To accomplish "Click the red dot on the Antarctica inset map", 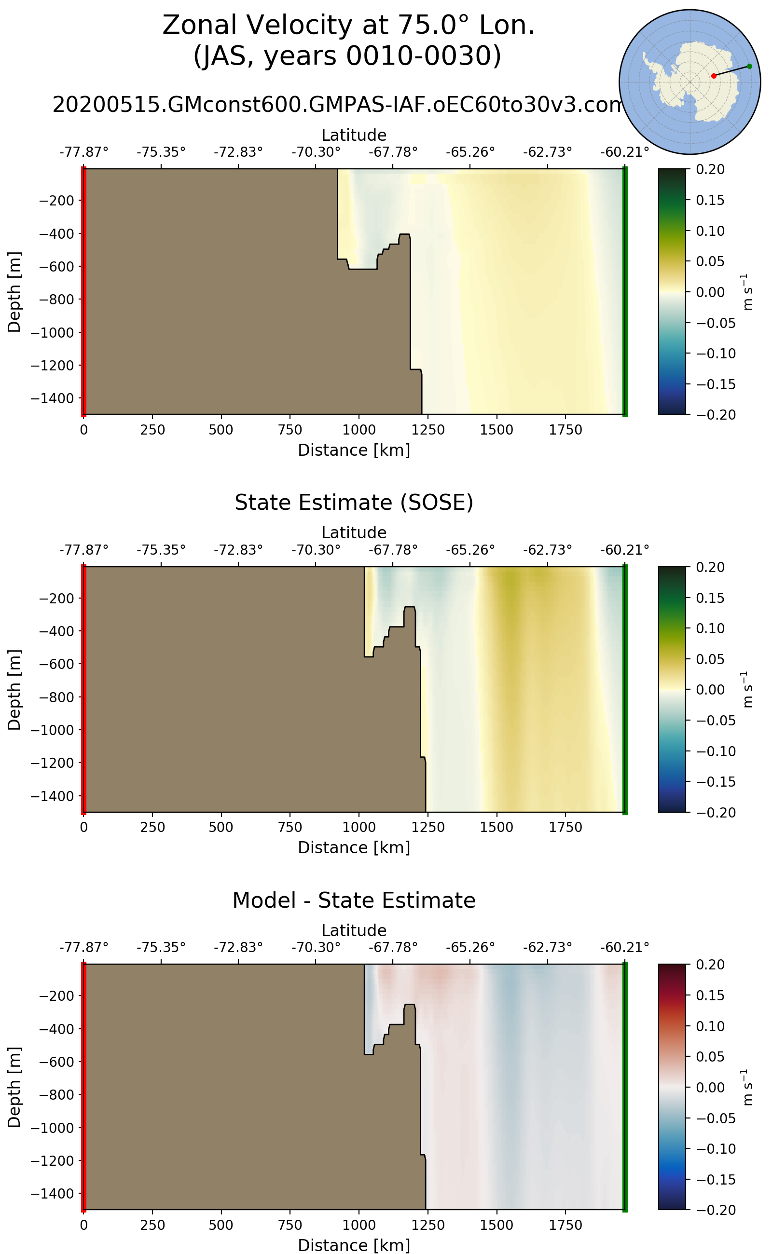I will (x=713, y=76).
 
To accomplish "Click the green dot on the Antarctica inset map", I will (x=749, y=67).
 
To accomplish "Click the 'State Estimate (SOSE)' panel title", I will (x=354, y=503).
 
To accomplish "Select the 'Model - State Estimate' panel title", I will (x=354, y=900).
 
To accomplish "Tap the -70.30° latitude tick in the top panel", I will (x=316, y=152).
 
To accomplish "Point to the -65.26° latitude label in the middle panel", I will (x=470, y=550).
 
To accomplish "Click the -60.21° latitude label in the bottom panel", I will (x=624, y=947).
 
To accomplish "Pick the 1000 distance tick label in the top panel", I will (x=359, y=430).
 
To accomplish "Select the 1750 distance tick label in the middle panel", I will (x=565, y=827).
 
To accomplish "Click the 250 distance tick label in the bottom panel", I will (x=152, y=1225).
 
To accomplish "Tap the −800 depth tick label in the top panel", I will (x=53, y=299).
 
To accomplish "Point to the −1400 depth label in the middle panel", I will (x=53, y=796).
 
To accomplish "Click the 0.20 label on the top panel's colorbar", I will (x=710, y=169).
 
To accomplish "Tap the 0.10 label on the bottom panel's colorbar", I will (x=710, y=1026).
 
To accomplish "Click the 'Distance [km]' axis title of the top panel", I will (x=354, y=450).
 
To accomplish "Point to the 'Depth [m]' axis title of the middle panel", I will (x=14, y=690).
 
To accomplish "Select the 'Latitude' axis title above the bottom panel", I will (x=354, y=930).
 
